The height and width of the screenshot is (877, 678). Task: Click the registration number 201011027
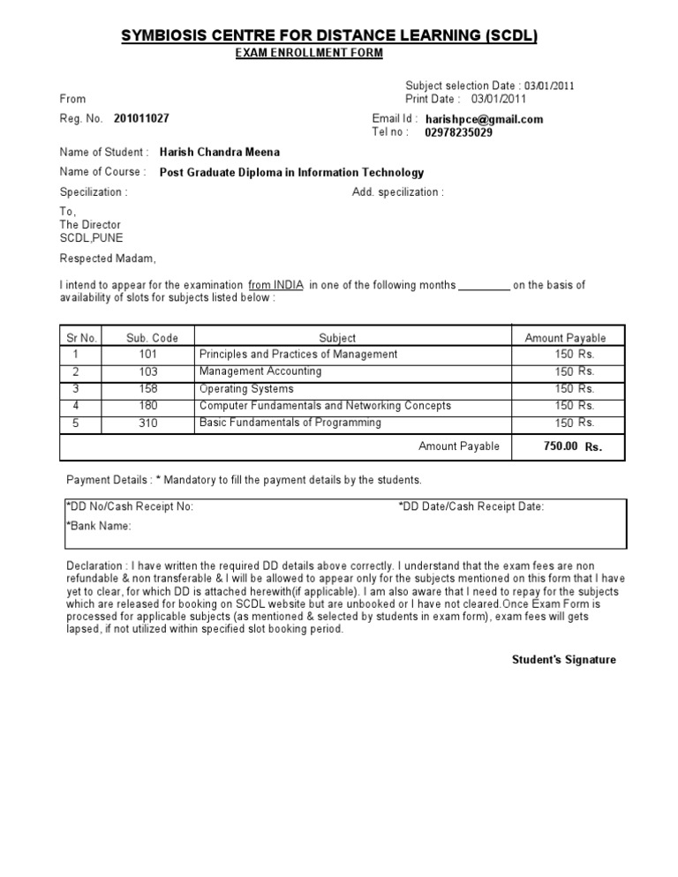point(141,118)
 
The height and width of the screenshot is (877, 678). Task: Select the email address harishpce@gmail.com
point(484,119)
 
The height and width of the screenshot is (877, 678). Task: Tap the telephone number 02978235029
point(459,133)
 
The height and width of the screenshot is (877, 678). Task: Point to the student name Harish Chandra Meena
point(219,152)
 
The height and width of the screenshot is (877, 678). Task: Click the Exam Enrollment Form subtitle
point(308,54)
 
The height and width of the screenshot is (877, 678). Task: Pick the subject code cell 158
point(147,388)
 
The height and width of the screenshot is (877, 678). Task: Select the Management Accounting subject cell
point(260,371)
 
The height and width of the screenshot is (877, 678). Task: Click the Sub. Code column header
point(152,338)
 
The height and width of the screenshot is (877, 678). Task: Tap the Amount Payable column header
point(565,338)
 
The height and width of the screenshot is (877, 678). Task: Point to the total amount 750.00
point(561,446)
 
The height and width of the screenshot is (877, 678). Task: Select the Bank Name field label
point(99,526)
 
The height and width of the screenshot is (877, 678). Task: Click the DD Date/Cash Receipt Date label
point(471,506)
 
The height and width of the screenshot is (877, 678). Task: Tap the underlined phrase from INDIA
point(275,285)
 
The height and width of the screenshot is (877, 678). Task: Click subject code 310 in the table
point(147,423)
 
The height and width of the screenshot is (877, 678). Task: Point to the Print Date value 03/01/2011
point(498,99)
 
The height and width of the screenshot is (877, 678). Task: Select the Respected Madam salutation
point(108,259)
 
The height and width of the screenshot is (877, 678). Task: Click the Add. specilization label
point(398,192)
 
